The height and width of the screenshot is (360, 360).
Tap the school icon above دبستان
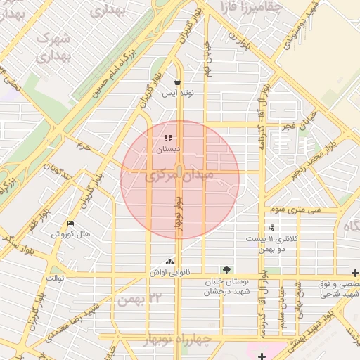point(167,138)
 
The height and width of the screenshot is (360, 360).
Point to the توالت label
point(55,278)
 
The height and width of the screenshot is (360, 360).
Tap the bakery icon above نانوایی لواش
point(167,261)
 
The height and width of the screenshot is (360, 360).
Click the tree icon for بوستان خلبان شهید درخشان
point(226,270)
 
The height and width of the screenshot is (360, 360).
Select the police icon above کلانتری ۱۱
point(272,228)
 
